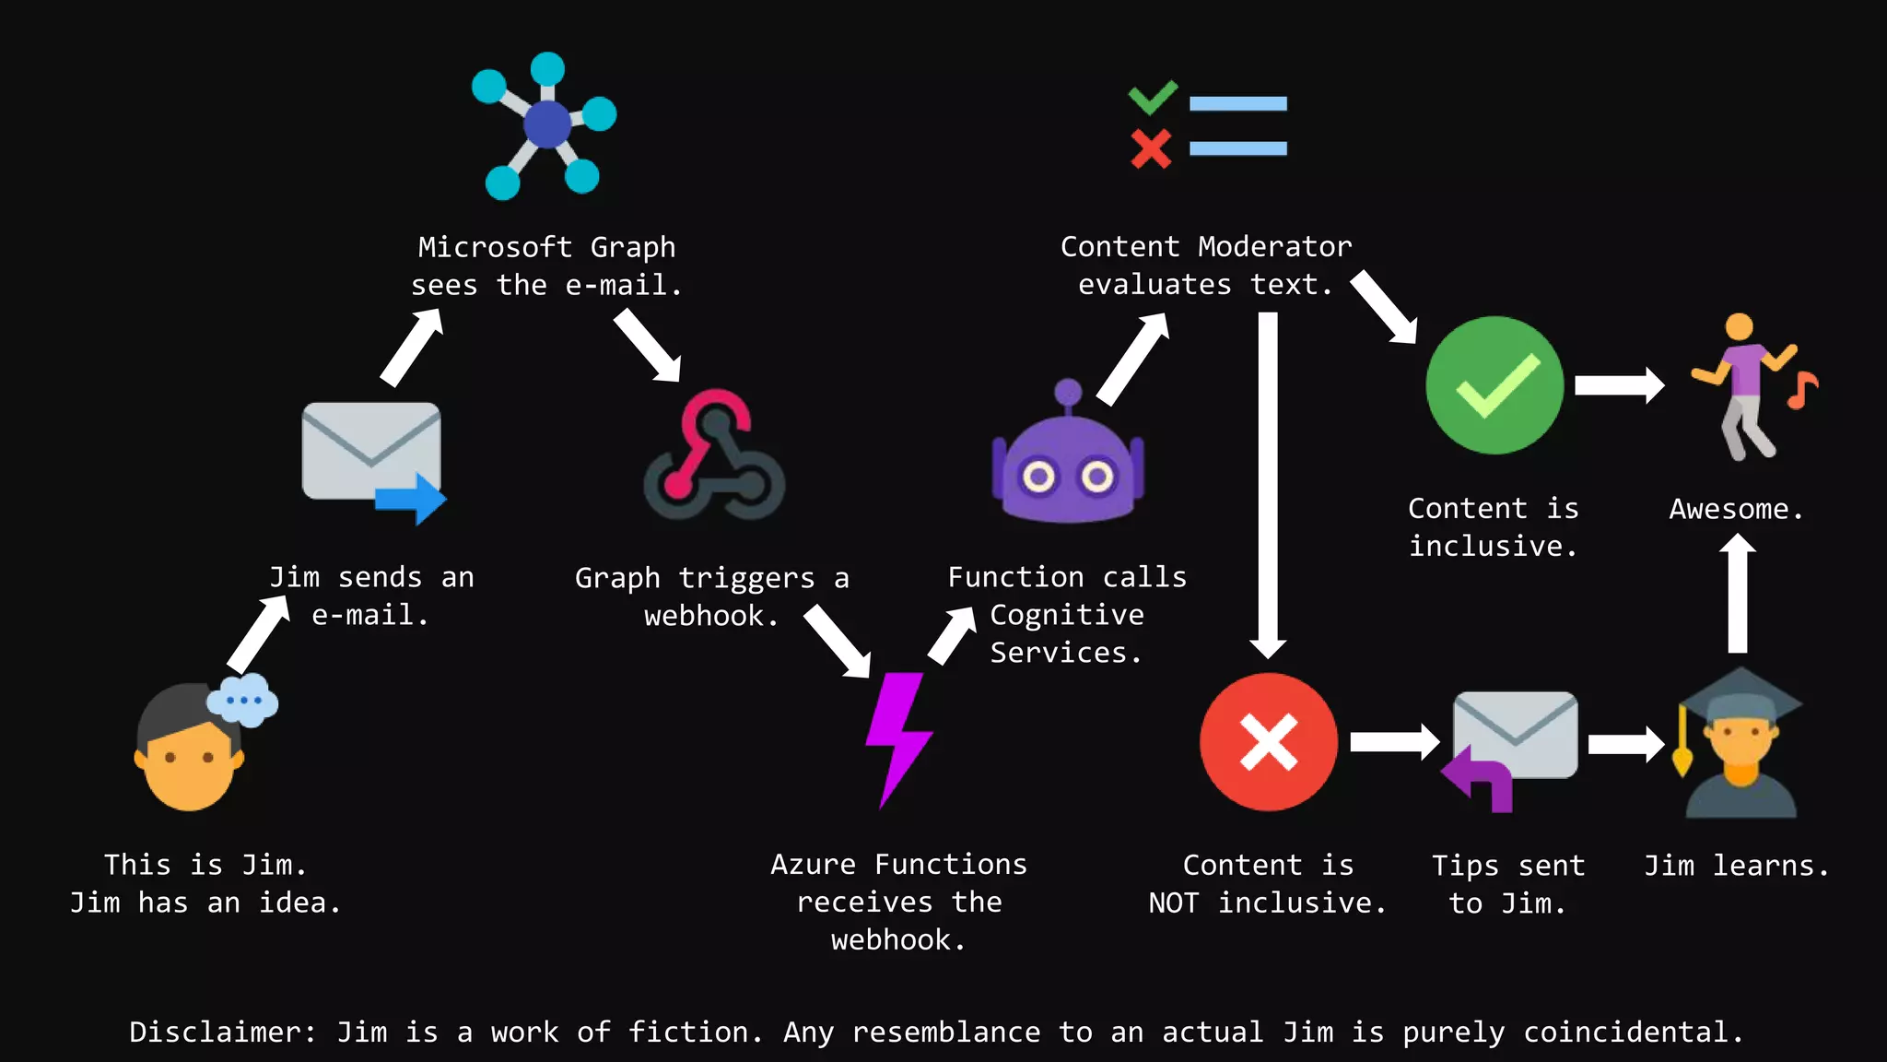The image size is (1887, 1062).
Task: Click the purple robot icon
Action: pyautogui.click(x=1067, y=461)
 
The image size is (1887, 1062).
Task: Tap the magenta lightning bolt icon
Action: pyautogui.click(x=898, y=737)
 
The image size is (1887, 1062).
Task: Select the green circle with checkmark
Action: pyautogui.click(x=1494, y=385)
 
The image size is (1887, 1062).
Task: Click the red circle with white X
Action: pyautogui.click(x=1269, y=742)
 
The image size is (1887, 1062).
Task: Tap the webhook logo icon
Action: pyautogui.click(x=714, y=456)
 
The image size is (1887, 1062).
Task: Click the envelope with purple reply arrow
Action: pyautogui.click(x=1511, y=747)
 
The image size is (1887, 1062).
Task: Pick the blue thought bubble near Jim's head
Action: pyautogui.click(x=242, y=701)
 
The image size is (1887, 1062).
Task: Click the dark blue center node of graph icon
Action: pyautogui.click(x=547, y=124)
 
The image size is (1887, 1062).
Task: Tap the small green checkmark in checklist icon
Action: pyautogui.click(x=1153, y=97)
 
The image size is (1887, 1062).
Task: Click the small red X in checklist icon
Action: pyautogui.click(x=1151, y=148)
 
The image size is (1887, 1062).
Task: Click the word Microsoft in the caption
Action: pyautogui.click(x=495, y=247)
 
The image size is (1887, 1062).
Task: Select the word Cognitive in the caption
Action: pyautogui.click(x=1067, y=615)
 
